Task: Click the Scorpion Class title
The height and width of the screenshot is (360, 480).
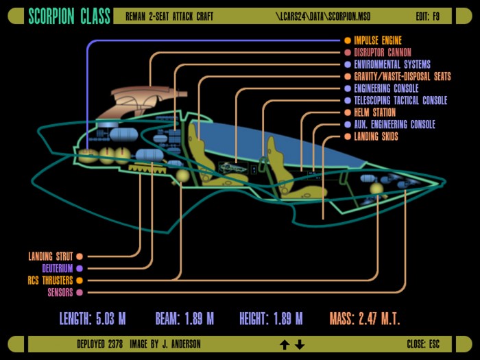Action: pos(69,16)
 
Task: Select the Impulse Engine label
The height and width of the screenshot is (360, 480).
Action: pos(378,40)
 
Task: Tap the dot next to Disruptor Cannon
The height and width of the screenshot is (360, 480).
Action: pos(348,52)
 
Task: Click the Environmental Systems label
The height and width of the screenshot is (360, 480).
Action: pos(392,64)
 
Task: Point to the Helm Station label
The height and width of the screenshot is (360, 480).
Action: pos(374,112)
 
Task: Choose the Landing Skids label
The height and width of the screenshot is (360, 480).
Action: pos(376,136)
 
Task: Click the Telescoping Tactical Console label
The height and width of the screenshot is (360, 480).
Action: pos(400,100)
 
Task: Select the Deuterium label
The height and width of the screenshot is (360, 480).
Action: pos(58,269)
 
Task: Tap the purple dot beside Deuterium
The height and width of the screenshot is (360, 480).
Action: pos(80,269)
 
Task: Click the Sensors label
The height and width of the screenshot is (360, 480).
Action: pos(60,292)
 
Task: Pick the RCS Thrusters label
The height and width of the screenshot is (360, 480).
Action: pos(51,280)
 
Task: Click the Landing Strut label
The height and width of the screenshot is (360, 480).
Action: pos(51,256)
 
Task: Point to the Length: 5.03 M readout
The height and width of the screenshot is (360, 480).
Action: pos(93,319)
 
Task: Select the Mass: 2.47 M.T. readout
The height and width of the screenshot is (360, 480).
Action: pos(365,319)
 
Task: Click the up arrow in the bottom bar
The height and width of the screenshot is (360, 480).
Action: pos(285,344)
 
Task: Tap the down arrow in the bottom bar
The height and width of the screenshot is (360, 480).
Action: pos(300,344)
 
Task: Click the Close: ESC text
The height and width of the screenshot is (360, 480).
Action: pos(423,344)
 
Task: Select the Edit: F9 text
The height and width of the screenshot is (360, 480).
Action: pos(428,16)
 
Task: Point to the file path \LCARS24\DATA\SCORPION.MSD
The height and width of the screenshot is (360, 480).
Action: pos(323,16)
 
